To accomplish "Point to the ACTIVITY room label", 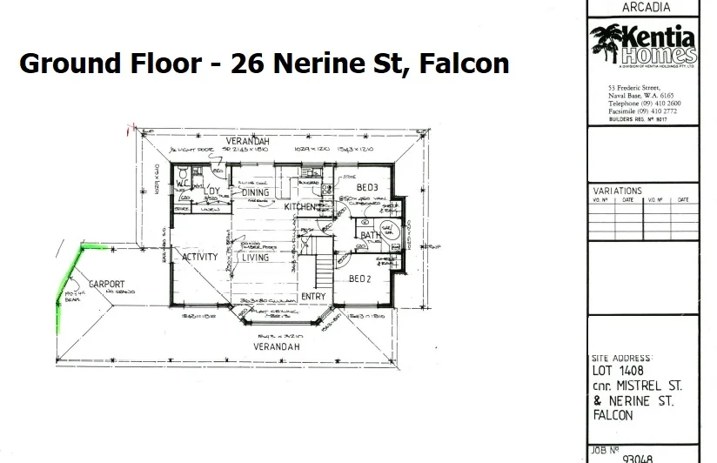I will tap(199, 258).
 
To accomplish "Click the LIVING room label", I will tap(255, 258).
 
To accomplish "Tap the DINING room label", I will tap(255, 192).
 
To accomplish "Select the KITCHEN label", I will tap(301, 207).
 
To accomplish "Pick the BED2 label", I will tap(360, 279).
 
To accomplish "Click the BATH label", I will tap(371, 235).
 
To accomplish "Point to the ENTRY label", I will tap(312, 298).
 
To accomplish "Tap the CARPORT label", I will tap(105, 284).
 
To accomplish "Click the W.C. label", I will tap(183, 185).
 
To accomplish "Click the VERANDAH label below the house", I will tap(277, 346).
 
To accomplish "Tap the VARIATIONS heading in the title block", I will tap(617, 191).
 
